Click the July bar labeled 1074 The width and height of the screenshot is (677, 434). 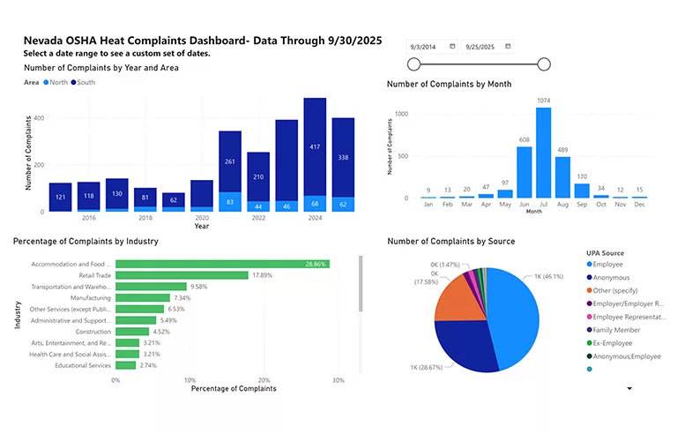543,152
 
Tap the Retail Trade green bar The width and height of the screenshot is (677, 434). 182,275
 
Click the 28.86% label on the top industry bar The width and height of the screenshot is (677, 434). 315,264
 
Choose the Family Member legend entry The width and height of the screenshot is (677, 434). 617,330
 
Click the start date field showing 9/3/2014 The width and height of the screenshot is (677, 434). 431,46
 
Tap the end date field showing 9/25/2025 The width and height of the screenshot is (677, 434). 487,46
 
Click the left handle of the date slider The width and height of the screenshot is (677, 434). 414,64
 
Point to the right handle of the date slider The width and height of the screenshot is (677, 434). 544,64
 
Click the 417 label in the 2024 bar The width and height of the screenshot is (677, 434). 315,147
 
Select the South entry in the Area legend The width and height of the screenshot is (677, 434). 86,83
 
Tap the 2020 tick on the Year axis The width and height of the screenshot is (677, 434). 202,217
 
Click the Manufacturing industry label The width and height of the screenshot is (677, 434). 88,298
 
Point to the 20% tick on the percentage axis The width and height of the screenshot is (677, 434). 263,379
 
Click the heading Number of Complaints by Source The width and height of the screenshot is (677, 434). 451,242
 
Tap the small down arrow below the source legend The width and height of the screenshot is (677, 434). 629,388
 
